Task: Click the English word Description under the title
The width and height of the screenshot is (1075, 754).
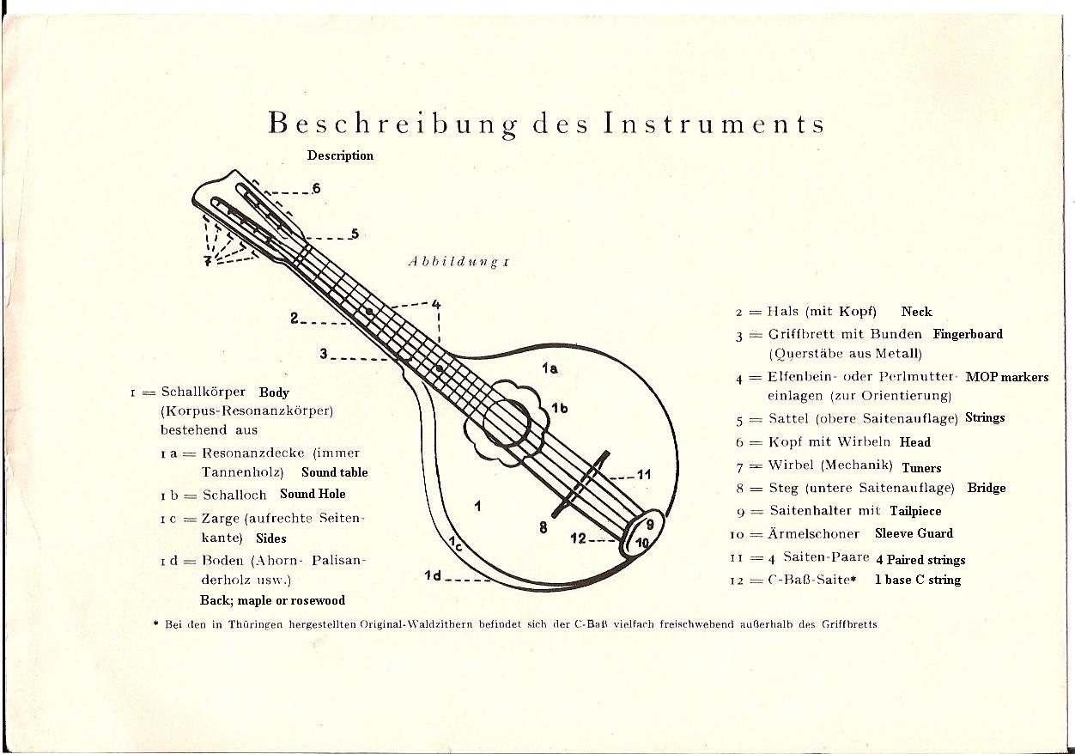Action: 340,155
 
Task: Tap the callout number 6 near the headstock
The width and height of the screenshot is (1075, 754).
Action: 316,188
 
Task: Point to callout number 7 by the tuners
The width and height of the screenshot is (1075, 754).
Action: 208,261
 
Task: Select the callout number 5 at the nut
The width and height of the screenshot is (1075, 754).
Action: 355,234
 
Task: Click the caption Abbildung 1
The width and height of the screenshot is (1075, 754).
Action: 459,262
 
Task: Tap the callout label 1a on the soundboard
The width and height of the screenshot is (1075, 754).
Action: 550,368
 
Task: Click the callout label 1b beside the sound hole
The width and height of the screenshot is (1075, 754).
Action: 559,408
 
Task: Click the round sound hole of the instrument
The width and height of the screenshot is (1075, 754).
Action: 507,423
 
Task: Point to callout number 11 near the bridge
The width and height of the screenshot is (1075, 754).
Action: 644,475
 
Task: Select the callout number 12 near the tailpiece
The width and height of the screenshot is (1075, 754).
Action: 579,538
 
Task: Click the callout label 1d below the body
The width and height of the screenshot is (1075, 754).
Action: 433,575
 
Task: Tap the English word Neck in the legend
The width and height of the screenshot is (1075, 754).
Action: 916,312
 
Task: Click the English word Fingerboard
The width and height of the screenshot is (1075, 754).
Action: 968,334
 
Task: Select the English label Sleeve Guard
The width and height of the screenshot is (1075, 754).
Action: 914,533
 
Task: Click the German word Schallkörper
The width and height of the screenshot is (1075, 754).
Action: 203,392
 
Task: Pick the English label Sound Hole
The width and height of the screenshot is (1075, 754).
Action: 313,494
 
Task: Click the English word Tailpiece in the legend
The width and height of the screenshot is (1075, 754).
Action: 915,511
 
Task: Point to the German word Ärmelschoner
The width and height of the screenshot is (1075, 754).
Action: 813,533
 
